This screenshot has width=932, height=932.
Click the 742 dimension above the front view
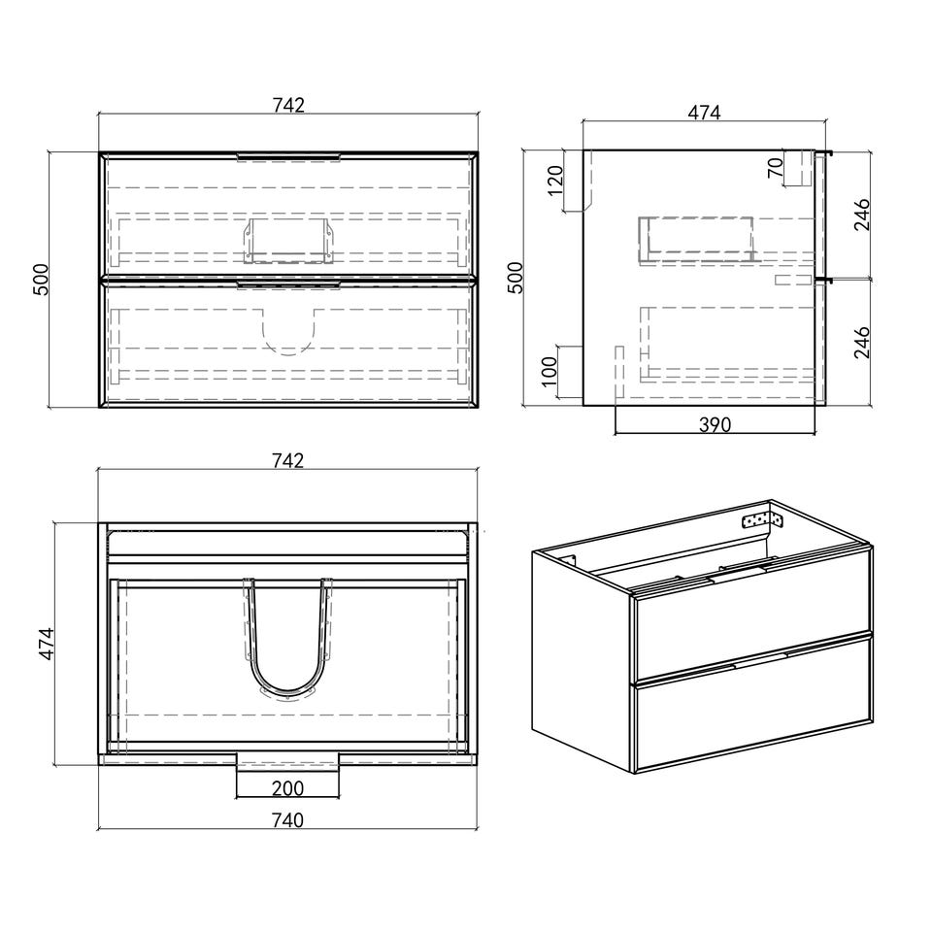pos(288,105)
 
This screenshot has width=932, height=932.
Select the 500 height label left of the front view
pos(41,280)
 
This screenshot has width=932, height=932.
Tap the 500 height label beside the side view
pos(515,277)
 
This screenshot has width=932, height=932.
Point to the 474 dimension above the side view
pos(704,113)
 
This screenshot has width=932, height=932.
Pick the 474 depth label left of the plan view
pos(47,643)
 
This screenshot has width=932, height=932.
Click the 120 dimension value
pos(554,181)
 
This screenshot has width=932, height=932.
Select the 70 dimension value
pos(775,168)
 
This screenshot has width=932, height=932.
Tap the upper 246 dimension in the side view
pos(862,215)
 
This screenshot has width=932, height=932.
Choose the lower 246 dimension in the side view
pos(862,342)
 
